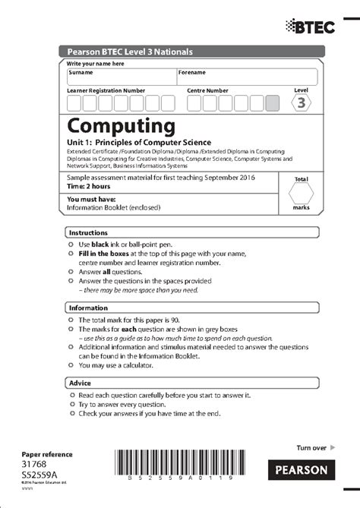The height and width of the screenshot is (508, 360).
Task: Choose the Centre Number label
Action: click(x=207, y=90)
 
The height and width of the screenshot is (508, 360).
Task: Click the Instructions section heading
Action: click(x=88, y=232)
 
